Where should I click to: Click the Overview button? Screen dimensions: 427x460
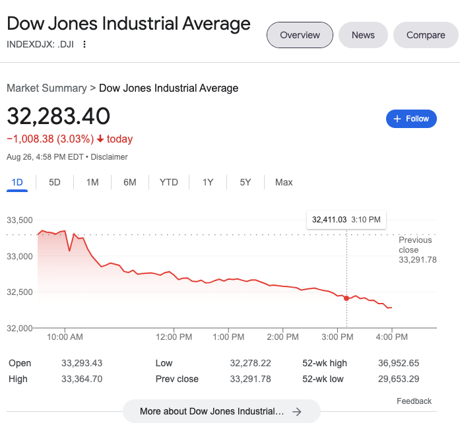pos(300,35)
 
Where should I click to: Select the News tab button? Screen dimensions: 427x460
pos(363,35)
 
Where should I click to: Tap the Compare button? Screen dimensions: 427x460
pos(426,35)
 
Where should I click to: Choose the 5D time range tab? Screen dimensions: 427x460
pos(55,182)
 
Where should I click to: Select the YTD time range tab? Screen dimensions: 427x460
pos(169,182)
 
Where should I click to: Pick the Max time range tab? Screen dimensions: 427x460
pos(284,182)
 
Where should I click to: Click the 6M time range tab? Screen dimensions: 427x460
pos(130,182)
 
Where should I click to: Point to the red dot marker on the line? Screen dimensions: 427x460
pos(346,298)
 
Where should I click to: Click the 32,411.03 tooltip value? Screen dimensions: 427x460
pos(329,220)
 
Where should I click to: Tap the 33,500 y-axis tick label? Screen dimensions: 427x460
pos(20,220)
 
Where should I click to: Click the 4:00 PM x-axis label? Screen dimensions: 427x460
pos(392,337)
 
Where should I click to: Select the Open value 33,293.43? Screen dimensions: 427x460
pos(82,363)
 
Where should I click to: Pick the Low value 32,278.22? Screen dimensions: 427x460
pos(250,363)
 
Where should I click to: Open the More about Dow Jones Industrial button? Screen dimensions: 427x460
pos(221,411)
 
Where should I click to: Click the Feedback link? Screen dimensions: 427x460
pos(414,401)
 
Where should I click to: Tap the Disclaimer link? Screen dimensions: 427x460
pos(109,157)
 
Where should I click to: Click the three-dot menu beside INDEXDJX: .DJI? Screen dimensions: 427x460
pos(84,45)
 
